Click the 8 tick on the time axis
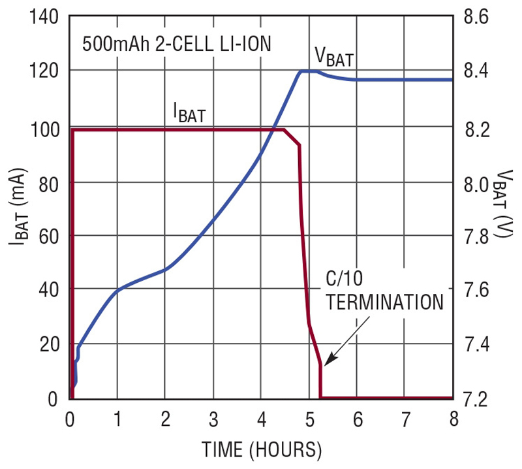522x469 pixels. click(452, 417)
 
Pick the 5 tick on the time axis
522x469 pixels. click(309, 417)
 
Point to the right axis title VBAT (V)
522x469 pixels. click(504, 207)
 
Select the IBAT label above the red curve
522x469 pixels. click(189, 114)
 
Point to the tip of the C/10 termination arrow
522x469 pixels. click(324, 363)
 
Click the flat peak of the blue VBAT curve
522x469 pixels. click(309, 71)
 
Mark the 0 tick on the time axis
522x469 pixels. click(70, 417)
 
